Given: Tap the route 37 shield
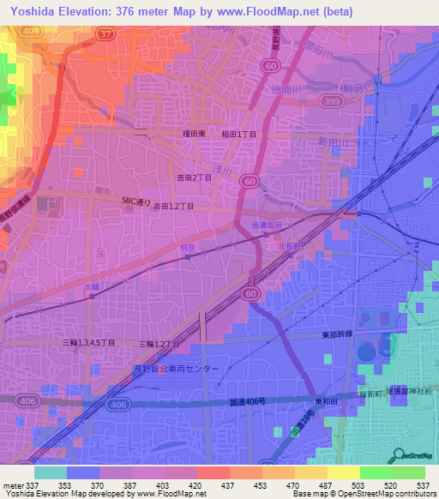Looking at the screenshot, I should pos(107,33).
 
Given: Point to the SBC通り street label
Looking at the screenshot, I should pos(135,201).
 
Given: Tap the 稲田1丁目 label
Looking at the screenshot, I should pos(239,134).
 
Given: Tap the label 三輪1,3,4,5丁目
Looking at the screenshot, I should pos(88,343).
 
